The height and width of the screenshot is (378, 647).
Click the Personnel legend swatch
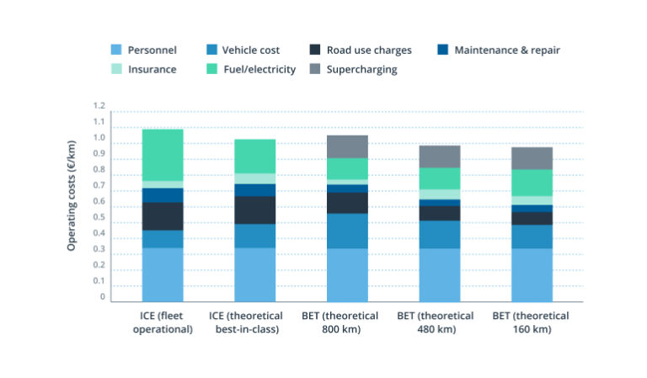[117, 51]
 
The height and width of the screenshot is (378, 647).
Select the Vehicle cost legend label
[251, 51]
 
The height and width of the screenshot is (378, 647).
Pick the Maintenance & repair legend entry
[506, 51]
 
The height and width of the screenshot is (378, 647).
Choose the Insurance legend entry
[152, 70]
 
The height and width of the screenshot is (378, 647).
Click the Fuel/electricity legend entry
[259, 70]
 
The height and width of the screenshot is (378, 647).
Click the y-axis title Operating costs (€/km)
[72, 201]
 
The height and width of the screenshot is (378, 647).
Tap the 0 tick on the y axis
[102, 297]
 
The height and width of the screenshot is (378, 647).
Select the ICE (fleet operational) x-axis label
[163, 322]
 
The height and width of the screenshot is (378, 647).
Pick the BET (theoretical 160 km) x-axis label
[531, 322]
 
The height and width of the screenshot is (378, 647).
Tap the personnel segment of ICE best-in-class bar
[255, 274]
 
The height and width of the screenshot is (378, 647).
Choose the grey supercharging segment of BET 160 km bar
[531, 158]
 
